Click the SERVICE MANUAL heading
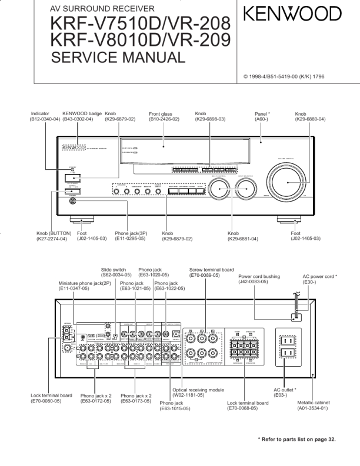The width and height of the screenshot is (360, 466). (118, 58)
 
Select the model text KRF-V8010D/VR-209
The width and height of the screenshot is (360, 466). (141, 40)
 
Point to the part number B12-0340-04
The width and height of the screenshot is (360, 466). (45, 119)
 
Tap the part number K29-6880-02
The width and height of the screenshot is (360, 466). (310, 119)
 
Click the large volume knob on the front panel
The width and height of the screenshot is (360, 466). (288, 183)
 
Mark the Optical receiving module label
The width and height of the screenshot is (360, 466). (198, 390)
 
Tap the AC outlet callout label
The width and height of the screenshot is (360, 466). (285, 390)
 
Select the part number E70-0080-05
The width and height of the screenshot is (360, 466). (51, 401)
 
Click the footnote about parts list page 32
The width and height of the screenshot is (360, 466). (297, 439)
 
